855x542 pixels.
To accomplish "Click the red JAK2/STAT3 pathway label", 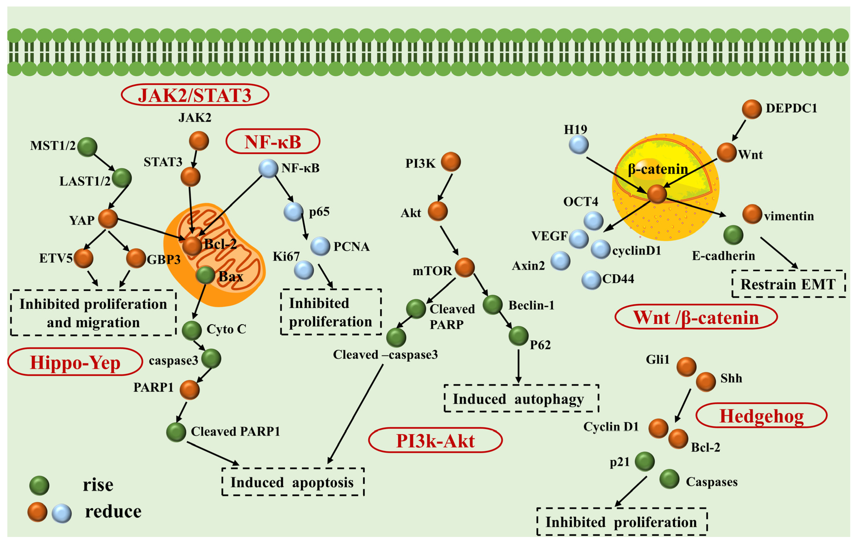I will point(195,95).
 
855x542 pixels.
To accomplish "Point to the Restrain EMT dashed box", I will point(788,284).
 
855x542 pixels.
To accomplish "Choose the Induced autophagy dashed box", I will point(521,398).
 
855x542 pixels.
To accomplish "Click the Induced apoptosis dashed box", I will point(293,482).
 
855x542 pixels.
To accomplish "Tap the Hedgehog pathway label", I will point(761,416).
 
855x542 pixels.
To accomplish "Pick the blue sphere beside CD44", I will point(591,280).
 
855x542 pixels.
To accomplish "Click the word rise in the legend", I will point(98,485).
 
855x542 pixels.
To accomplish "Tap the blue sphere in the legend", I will point(62,513).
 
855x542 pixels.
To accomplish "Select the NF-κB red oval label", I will point(273,141).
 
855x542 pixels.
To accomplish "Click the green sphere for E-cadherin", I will point(733,235).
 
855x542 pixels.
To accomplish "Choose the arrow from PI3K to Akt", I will point(445,187).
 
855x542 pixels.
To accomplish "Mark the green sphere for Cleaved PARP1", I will point(176,432).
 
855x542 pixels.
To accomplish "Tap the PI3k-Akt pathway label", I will point(435,440).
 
